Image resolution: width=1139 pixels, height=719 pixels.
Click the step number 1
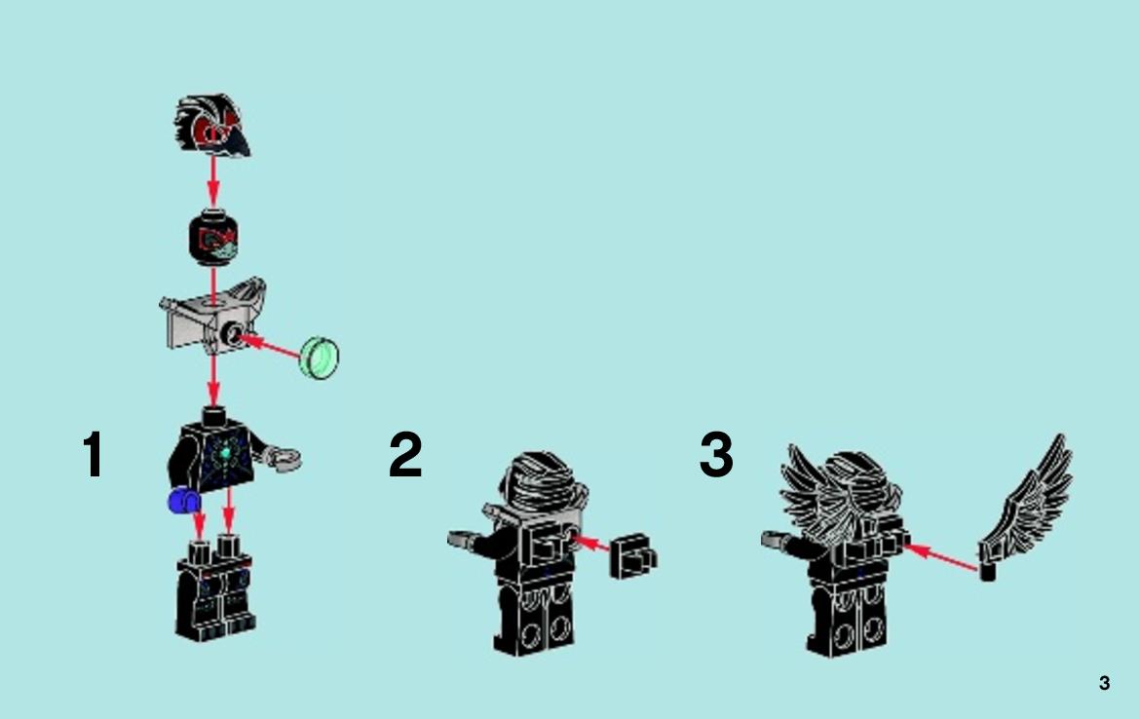[93, 455]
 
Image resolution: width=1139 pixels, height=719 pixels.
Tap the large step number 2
[405, 455]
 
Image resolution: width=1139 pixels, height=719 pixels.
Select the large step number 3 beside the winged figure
[716, 455]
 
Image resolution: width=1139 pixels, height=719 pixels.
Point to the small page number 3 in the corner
[1104, 683]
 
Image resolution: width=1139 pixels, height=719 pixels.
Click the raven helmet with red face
[211, 125]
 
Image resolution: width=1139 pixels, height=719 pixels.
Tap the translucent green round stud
[320, 358]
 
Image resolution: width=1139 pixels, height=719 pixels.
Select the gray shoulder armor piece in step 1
[212, 316]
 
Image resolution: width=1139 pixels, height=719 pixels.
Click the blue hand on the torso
[184, 501]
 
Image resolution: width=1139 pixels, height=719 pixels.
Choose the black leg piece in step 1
[215, 588]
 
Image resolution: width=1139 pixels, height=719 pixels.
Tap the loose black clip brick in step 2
[632, 556]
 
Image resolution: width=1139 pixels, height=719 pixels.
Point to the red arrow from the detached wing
[941, 558]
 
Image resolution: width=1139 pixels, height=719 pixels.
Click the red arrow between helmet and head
[212, 181]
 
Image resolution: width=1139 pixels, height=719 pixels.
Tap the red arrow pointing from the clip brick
[589, 544]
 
